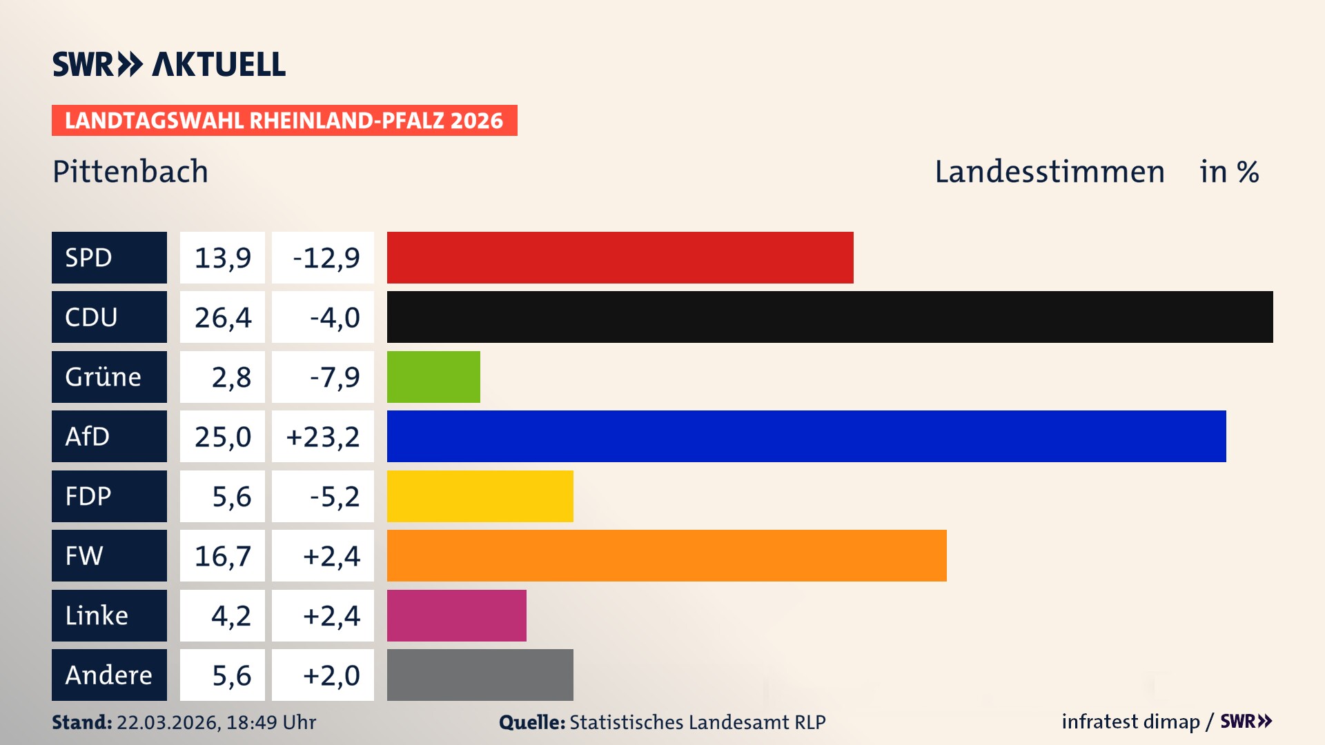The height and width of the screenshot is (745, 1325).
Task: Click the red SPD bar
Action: (x=620, y=257)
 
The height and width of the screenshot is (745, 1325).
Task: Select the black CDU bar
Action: (x=830, y=317)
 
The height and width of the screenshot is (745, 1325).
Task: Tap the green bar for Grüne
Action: (x=433, y=377)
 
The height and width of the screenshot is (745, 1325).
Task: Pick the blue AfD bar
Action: (x=806, y=436)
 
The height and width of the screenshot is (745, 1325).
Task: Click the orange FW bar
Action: (x=667, y=555)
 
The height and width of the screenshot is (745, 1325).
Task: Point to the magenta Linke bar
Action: (x=456, y=615)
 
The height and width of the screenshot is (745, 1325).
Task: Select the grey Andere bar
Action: (x=480, y=675)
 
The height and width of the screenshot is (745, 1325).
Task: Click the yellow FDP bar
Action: (x=480, y=496)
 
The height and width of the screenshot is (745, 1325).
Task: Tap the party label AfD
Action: (x=88, y=436)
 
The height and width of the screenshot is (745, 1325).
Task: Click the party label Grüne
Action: (x=103, y=377)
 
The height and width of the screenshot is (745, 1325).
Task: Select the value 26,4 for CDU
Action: (x=222, y=317)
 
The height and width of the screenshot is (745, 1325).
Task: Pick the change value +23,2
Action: (x=323, y=437)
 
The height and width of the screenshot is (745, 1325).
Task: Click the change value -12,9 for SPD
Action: (x=326, y=258)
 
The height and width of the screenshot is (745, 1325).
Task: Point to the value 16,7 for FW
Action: (x=222, y=556)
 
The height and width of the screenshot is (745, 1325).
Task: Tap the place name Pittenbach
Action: (x=130, y=171)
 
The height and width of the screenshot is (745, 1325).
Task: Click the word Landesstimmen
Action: (x=1049, y=171)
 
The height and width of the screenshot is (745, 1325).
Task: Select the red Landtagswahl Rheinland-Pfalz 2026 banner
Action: (x=284, y=121)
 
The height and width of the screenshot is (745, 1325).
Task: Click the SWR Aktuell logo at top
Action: (x=169, y=64)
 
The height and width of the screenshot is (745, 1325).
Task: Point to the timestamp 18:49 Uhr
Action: (x=271, y=722)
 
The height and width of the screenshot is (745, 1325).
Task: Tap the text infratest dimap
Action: (x=1130, y=722)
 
